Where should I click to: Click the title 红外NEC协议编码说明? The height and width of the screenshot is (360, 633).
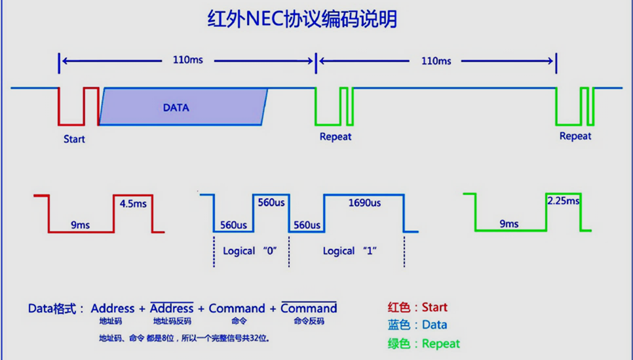click(x=302, y=19)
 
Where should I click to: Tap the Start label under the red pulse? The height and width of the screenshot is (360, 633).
click(x=74, y=139)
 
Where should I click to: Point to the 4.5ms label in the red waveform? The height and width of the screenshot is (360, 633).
click(x=133, y=204)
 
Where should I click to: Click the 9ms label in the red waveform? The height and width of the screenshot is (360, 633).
click(x=81, y=225)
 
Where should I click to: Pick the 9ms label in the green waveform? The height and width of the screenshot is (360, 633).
click(x=509, y=224)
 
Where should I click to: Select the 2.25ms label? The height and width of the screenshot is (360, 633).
click(x=563, y=201)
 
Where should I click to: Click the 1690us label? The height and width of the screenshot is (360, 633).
click(x=364, y=203)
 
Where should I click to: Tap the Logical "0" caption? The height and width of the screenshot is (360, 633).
click(x=251, y=251)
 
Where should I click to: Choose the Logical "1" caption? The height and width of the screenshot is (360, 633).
click(x=350, y=251)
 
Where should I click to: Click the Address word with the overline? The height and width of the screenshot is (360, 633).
click(x=172, y=308)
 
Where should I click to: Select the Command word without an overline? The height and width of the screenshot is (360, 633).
click(x=237, y=308)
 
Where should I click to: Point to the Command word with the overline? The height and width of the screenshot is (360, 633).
click(x=309, y=308)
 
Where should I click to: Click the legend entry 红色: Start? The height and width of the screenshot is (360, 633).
click(x=417, y=307)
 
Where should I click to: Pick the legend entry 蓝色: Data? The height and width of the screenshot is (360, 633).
click(x=417, y=325)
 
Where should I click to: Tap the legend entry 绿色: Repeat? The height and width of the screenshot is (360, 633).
click(x=423, y=344)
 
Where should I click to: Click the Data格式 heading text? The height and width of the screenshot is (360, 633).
click(x=56, y=308)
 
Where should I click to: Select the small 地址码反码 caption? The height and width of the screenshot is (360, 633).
click(x=172, y=322)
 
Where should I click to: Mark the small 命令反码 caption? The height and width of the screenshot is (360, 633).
click(x=309, y=322)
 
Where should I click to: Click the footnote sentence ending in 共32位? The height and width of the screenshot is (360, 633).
click(x=184, y=339)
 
